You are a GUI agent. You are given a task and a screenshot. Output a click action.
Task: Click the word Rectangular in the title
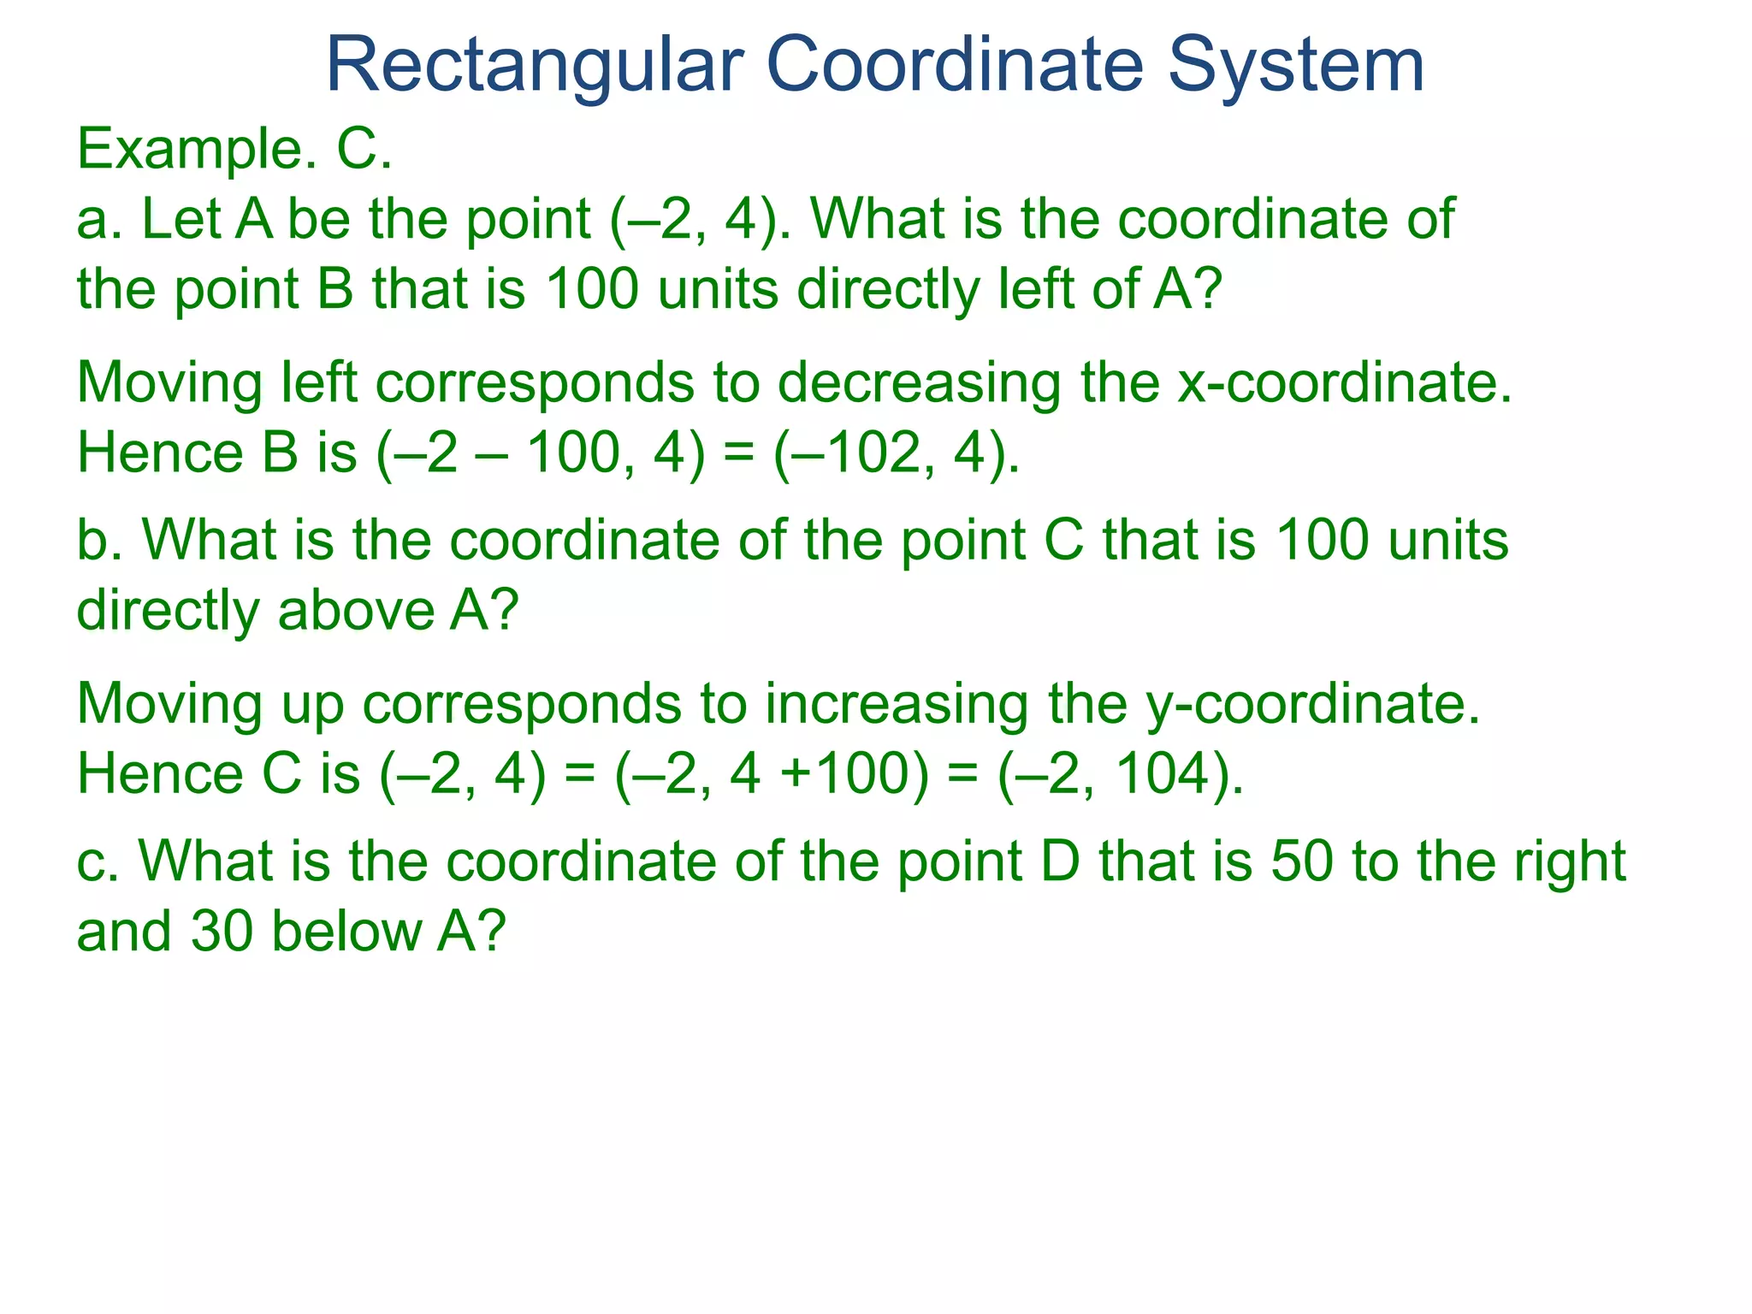coord(535,67)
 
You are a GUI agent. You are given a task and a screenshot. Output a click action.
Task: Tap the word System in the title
coord(1295,67)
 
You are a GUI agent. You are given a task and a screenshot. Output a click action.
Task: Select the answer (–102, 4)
coord(896,453)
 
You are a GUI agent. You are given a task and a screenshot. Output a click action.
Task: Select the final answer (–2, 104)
coord(1120,775)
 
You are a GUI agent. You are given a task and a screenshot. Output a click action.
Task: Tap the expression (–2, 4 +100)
coord(771,775)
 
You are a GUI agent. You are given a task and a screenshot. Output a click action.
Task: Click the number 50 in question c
coord(1301,861)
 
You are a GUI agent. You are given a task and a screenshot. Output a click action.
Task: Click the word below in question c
coord(346,932)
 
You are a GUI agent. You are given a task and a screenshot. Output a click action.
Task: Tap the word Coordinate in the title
coord(955,67)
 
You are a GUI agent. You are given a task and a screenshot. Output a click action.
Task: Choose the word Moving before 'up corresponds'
coord(169,705)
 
